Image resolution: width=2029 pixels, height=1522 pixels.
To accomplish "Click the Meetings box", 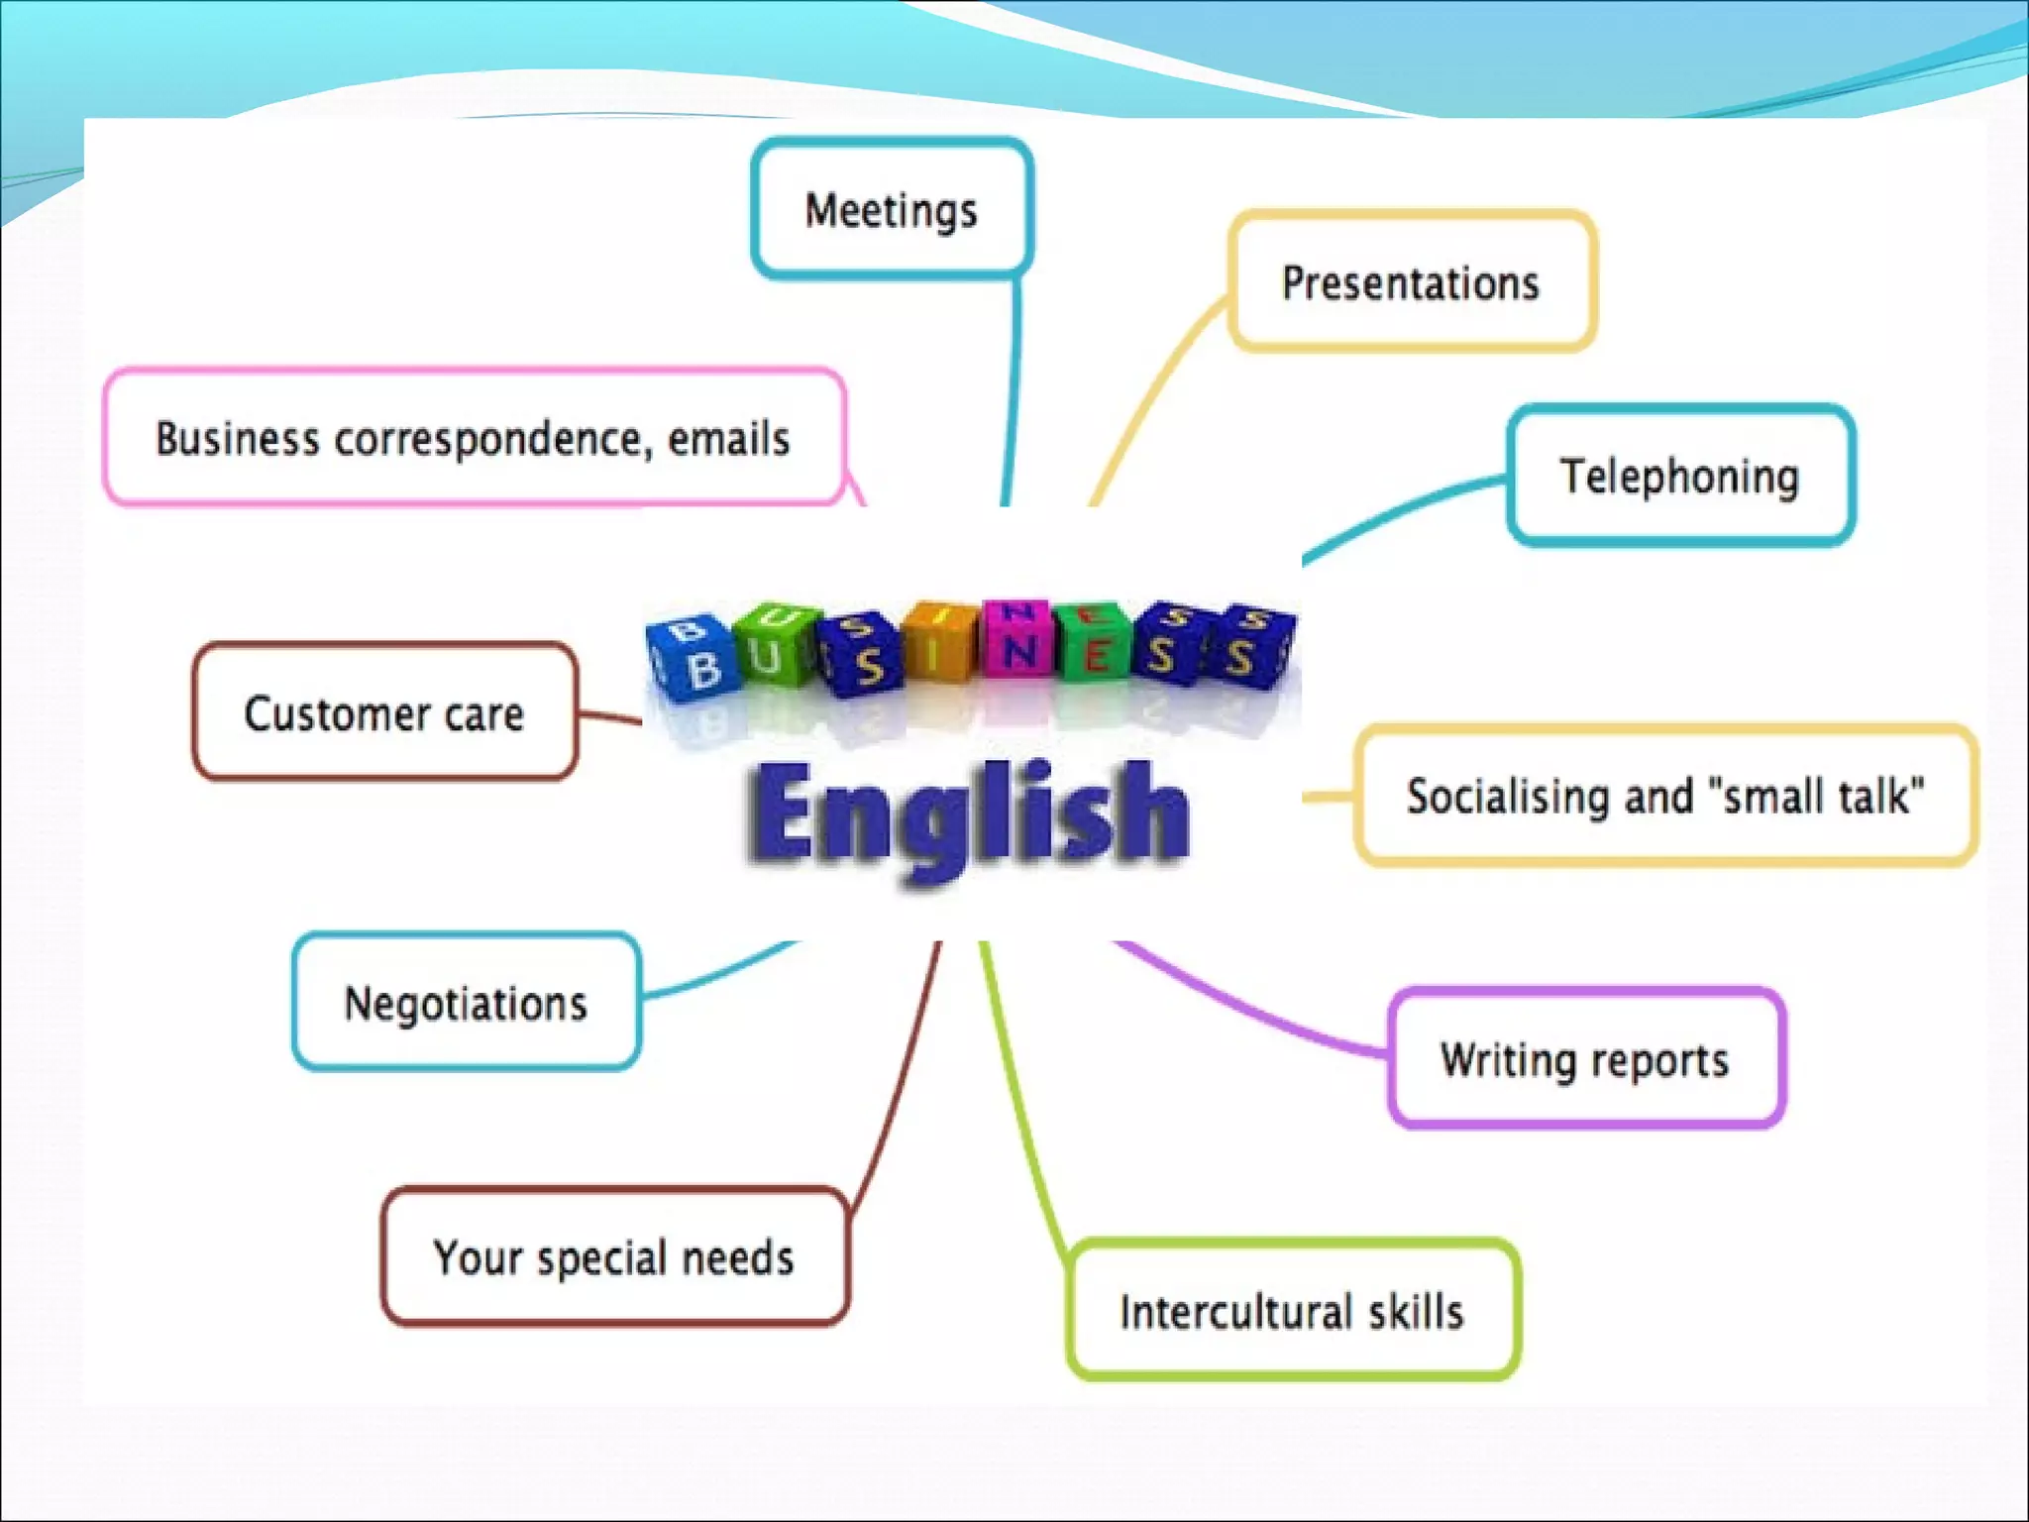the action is [x=892, y=209].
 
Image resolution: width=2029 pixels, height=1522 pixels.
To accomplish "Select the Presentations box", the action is [x=1412, y=281].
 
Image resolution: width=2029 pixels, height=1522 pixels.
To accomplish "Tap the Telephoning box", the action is [x=1680, y=476].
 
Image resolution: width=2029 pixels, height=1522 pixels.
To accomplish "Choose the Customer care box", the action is [x=384, y=712].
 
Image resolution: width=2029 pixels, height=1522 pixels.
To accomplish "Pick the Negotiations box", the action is [x=466, y=1002].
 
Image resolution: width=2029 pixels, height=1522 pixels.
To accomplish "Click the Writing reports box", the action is [x=1586, y=1058].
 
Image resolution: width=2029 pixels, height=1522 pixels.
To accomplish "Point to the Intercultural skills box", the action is [x=1292, y=1310].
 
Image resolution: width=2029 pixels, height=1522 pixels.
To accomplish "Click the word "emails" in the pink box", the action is [x=729, y=439].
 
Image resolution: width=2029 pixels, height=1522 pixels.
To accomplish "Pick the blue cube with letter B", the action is [x=694, y=659].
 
